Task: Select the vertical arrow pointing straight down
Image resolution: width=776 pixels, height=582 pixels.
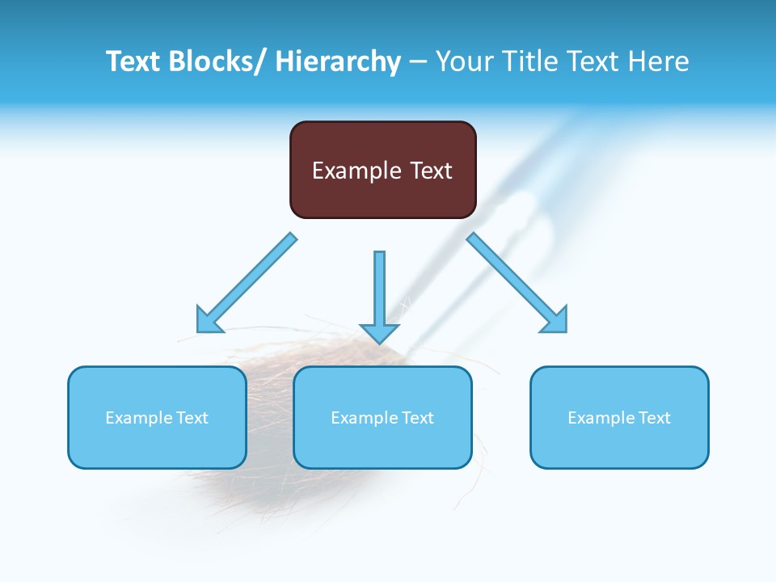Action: click(x=379, y=291)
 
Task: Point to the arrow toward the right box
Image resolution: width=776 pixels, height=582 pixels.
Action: click(x=517, y=283)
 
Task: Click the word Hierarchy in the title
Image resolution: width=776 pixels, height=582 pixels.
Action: click(x=338, y=61)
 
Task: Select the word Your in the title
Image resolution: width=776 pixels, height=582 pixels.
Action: click(x=462, y=61)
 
